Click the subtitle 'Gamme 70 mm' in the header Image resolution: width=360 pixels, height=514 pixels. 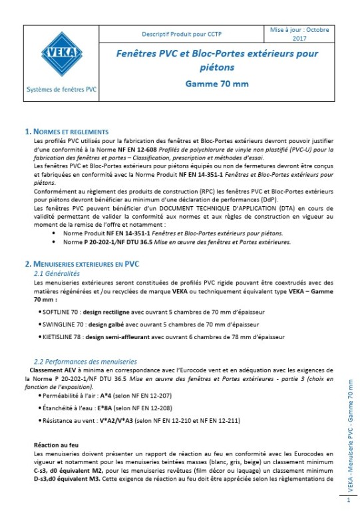pos(214,84)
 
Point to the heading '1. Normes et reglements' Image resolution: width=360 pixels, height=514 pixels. pos(67,132)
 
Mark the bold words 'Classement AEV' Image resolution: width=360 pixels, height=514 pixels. pos(49,368)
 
